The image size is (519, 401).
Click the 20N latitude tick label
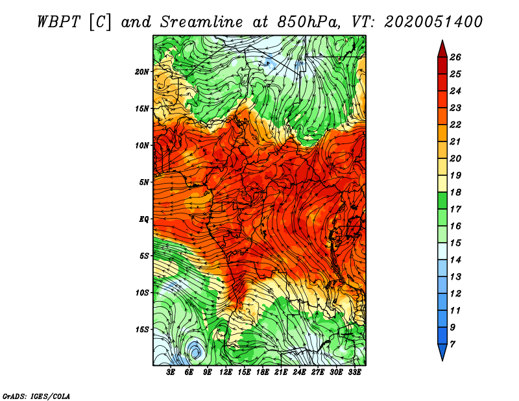coord(141,72)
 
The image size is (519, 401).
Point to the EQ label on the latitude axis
coord(143,219)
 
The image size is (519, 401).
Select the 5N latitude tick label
coord(144,182)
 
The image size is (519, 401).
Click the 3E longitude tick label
coord(171,372)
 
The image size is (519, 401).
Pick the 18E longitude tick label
coord(263,372)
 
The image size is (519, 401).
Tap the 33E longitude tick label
coord(354,372)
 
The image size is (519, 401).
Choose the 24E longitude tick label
coord(299,372)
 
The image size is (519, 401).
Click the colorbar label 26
coord(455,57)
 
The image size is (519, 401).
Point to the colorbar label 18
coord(455,192)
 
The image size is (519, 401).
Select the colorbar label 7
coord(452,345)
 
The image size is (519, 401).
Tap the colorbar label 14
coord(455,260)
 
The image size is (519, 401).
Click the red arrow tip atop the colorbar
coord(442,41)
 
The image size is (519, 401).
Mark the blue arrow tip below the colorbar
coord(442,360)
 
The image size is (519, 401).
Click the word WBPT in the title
coord(59,22)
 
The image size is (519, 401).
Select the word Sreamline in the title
coord(202,22)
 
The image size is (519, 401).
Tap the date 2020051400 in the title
coord(433,22)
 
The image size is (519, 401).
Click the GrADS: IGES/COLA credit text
coord(36,396)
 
